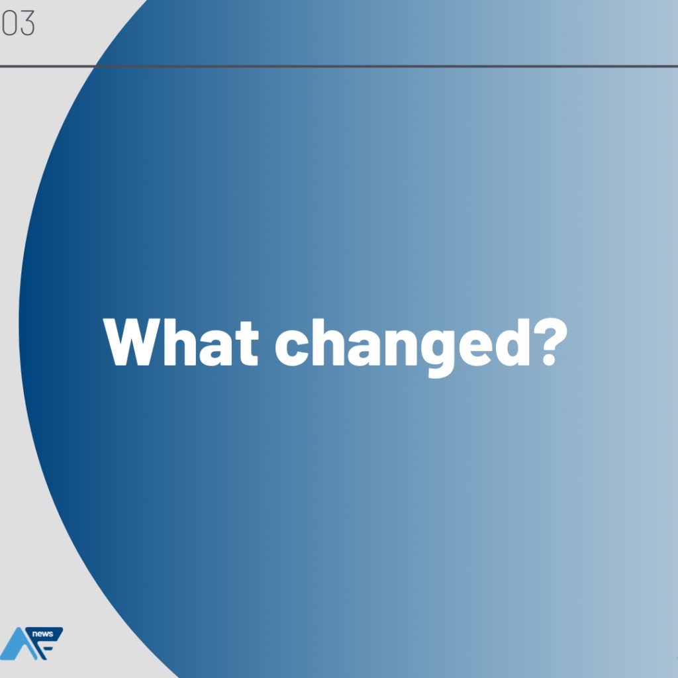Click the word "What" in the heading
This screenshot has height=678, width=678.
pos(181,342)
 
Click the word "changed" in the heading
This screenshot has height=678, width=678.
pos(403,348)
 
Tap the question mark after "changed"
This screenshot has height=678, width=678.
pos(550,342)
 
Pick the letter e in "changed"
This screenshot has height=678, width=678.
pos(475,348)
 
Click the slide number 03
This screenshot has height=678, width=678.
pos(18,23)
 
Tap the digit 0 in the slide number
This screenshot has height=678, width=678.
pos(9,23)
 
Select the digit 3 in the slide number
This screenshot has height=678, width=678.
pos(27,23)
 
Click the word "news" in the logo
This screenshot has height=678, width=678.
pos(43,634)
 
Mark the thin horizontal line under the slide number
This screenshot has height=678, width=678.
pos(339,66)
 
